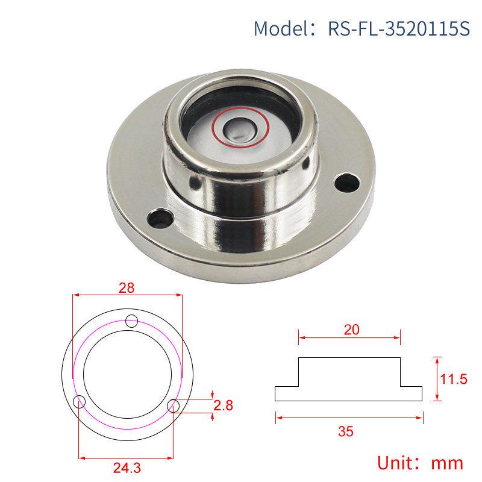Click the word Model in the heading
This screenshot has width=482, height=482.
(278, 28)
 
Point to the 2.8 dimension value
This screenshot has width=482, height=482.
(223, 405)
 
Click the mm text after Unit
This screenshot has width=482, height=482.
(446, 463)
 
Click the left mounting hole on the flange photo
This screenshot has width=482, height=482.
(160, 215)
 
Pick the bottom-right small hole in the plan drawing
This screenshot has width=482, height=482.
(174, 405)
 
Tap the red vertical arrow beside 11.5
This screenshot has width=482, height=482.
(438, 378)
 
